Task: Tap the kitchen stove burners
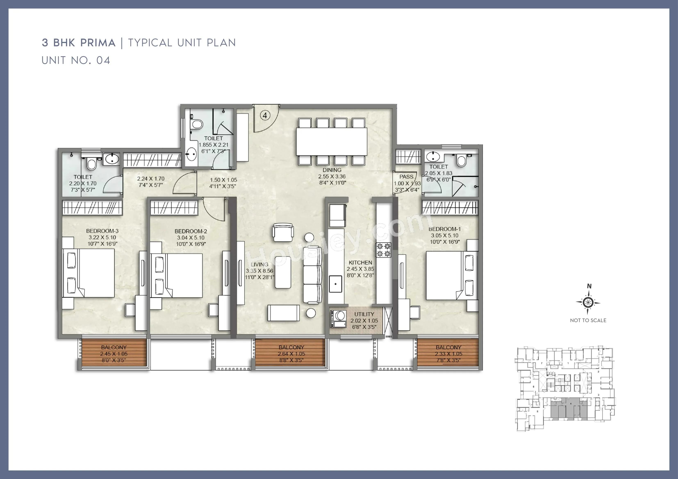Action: pyautogui.click(x=383, y=250)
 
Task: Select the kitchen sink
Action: pyautogui.click(x=336, y=284)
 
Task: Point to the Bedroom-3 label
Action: pyautogui.click(x=102, y=231)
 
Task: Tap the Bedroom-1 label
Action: pyautogui.click(x=444, y=229)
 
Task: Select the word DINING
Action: pyautogui.click(x=332, y=170)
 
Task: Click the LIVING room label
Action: pyautogui.click(x=259, y=264)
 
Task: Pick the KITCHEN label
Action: pyautogui.click(x=360, y=262)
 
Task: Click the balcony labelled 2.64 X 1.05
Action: pyautogui.click(x=291, y=354)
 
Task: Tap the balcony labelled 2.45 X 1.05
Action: pyautogui.click(x=114, y=354)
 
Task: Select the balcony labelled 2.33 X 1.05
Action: pyautogui.click(x=448, y=354)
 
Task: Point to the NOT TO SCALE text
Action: pyautogui.click(x=588, y=320)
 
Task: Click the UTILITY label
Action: pyautogui.click(x=364, y=314)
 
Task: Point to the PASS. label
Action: pyautogui.click(x=407, y=177)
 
